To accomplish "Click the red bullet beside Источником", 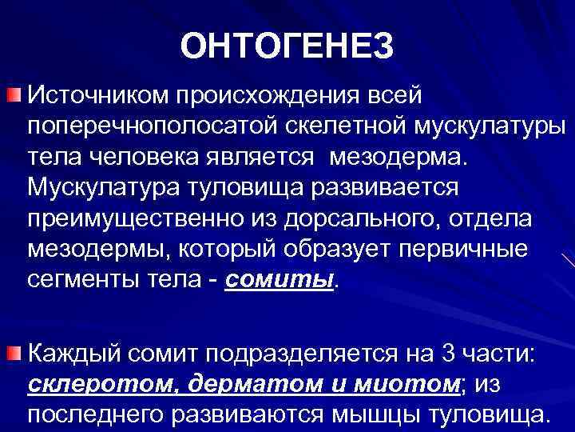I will click(14, 98).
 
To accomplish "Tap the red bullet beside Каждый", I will click(14, 354).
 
